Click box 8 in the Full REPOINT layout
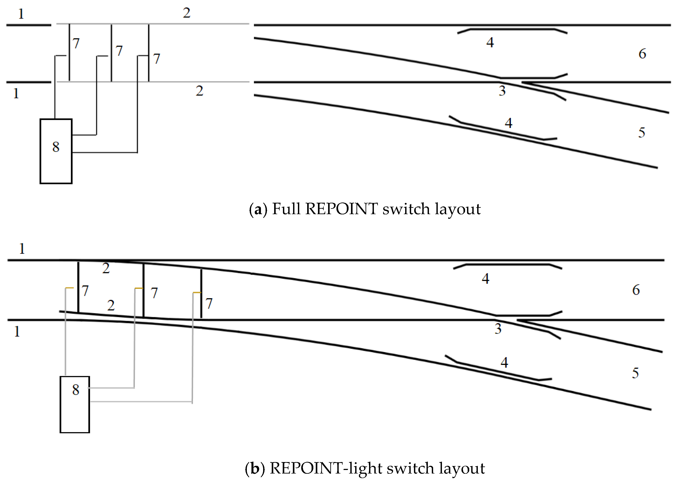pyautogui.click(x=56, y=151)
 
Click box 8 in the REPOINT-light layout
pyautogui.click(x=75, y=404)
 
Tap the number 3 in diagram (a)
pyautogui.click(x=502, y=91)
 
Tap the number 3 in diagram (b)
pyautogui.click(x=498, y=329)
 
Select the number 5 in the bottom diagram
pyautogui.click(x=635, y=373)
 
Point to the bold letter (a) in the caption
pyautogui.click(x=258, y=209)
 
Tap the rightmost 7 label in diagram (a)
pyautogui.click(x=157, y=59)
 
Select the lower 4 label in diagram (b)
pyautogui.click(x=504, y=362)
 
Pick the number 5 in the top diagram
pyautogui.click(x=641, y=132)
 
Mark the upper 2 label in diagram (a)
pyautogui.click(x=187, y=13)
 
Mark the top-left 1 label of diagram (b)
pyautogui.click(x=22, y=249)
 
